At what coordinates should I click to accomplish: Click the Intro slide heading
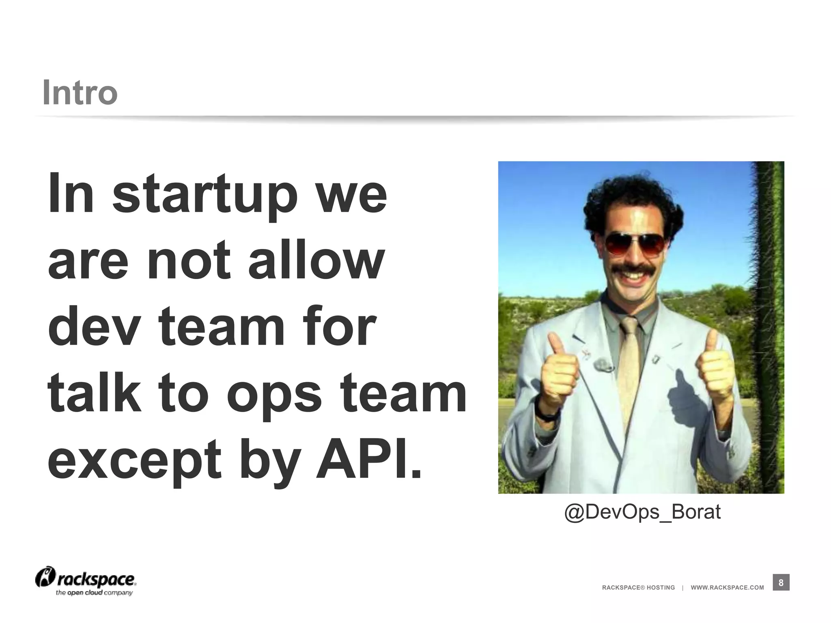(x=80, y=92)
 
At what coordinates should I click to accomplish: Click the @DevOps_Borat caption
(x=642, y=512)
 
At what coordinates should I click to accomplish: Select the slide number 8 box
(x=781, y=583)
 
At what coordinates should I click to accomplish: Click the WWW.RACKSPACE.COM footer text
(x=727, y=587)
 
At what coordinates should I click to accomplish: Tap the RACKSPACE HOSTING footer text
(x=638, y=587)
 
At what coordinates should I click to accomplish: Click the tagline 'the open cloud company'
(x=94, y=593)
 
